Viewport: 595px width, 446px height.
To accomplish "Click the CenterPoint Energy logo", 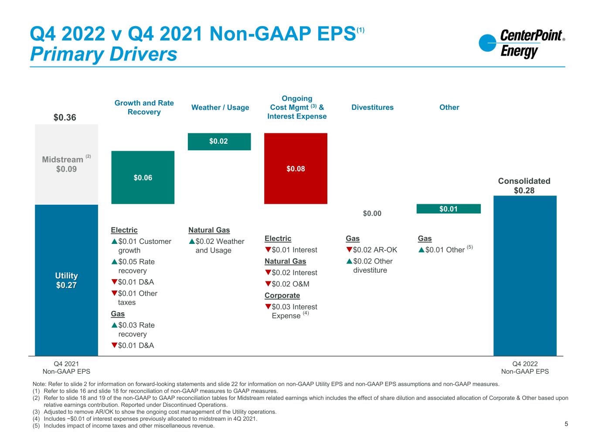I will click(521, 44).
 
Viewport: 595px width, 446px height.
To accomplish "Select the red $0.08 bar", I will click(296, 168).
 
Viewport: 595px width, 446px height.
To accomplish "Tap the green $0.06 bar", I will click(143, 177).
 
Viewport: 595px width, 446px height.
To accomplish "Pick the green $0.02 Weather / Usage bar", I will click(219, 142).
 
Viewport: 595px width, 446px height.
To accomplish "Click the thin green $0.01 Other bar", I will click(449, 209).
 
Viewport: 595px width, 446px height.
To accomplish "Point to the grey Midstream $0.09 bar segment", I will click(66, 164).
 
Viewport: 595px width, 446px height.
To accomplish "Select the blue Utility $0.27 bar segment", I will click(66, 280).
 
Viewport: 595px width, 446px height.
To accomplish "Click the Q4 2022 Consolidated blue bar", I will click(525, 275).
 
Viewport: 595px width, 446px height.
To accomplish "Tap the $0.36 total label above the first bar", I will click(65, 118).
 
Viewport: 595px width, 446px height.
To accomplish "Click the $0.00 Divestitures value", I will click(372, 213).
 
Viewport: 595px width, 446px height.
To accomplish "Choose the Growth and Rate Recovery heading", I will click(144, 107).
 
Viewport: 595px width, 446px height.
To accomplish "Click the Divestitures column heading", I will click(372, 107).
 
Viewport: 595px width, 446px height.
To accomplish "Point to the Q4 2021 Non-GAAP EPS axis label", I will click(66, 368).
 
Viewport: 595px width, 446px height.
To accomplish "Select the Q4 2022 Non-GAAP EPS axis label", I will click(525, 368).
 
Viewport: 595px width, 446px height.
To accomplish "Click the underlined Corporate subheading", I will click(282, 295).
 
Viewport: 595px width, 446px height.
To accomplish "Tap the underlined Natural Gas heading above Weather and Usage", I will click(209, 230).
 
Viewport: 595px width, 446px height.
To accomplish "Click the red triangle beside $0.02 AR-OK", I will click(349, 250).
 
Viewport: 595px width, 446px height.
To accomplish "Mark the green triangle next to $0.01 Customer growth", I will click(114, 241).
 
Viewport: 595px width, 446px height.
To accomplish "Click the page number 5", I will click(566, 424).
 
